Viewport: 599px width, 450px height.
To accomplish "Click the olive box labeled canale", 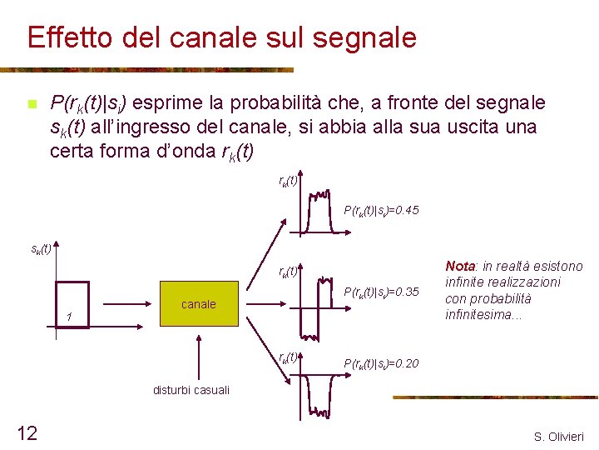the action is pos(198,304).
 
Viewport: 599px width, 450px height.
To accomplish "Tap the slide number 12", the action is pos(27,432).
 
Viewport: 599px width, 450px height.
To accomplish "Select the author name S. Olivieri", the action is pos(558,436).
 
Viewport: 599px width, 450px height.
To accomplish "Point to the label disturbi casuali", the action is pos(191,389).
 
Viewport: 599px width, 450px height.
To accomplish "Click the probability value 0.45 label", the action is pos(380,211).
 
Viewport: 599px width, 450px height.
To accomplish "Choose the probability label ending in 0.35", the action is pos(380,292).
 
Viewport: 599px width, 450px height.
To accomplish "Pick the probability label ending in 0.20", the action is pos(380,363).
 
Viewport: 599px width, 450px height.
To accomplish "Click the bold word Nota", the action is pos(460,266).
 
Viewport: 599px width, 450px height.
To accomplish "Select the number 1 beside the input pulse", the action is pos(72,317).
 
